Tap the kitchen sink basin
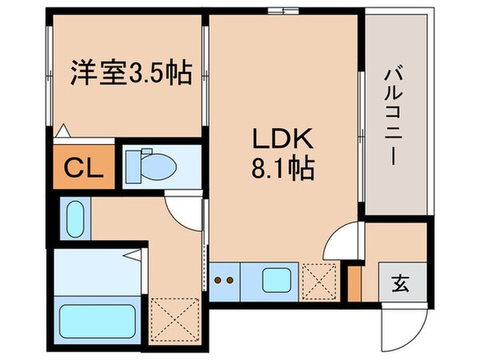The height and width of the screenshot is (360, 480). [277, 282]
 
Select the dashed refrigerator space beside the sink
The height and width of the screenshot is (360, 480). [323, 282]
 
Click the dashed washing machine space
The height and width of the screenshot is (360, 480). [172, 316]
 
